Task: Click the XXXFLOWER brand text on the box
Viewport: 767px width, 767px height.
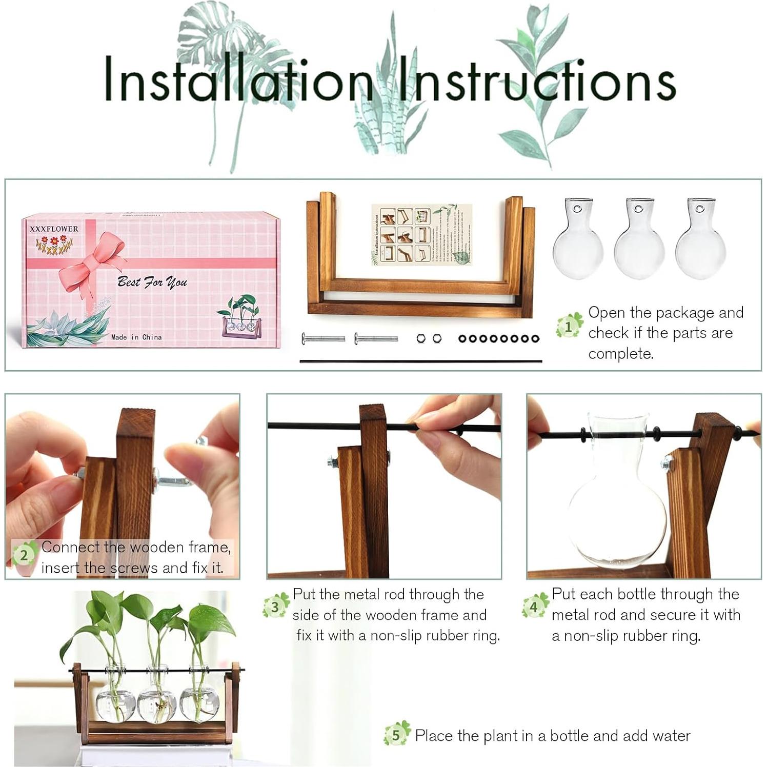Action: click(x=54, y=229)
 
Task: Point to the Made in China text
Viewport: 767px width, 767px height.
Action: click(x=136, y=337)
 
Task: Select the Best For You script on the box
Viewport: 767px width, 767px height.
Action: click(x=152, y=281)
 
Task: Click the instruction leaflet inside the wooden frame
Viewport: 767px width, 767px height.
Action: click(x=421, y=235)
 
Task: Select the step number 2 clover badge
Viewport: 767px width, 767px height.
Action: click(x=24, y=555)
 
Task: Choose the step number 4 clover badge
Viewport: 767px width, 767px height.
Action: click(x=534, y=607)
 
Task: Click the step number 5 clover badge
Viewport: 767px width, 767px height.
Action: click(x=396, y=735)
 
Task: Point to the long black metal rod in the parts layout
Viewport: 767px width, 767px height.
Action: click(x=420, y=361)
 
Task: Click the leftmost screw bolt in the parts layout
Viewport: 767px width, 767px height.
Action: click(x=323, y=338)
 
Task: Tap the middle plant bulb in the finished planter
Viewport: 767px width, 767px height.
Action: click(x=157, y=702)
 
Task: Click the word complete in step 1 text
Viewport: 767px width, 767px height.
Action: click(x=620, y=354)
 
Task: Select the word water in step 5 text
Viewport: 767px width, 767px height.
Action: click(x=671, y=736)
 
